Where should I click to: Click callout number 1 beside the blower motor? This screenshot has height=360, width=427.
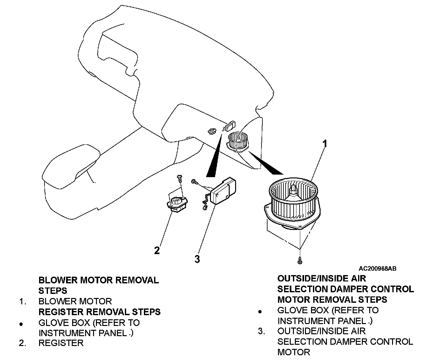pos(324,144)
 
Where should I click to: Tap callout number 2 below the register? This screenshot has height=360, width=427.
pos(157,250)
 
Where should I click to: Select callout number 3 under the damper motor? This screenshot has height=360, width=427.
pos(197,259)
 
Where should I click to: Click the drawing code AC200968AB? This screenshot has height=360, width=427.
pos(378,269)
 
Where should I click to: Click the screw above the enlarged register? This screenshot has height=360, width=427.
pos(180,177)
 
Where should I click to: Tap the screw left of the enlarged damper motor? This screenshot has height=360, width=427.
pos(193,181)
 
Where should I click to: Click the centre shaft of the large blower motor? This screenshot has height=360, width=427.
pos(293,190)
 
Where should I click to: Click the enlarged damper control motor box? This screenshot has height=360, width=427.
pos(224,191)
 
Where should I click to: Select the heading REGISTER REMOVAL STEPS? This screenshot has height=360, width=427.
pos(99,312)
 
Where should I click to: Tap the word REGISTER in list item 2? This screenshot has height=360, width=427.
pos(61,343)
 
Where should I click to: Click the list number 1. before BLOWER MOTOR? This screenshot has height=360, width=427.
pos(22,301)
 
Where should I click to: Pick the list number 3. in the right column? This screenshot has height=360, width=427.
pos(261,331)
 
